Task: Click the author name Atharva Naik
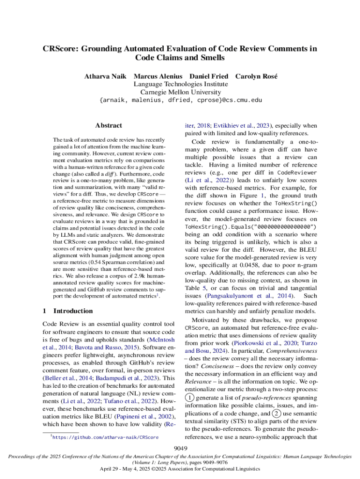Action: click(105, 76)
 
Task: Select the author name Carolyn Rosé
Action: click(256, 76)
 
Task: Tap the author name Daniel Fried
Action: click(209, 76)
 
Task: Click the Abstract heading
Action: click(108, 125)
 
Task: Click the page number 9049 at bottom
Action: click(180, 449)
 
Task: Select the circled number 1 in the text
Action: click(189, 397)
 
